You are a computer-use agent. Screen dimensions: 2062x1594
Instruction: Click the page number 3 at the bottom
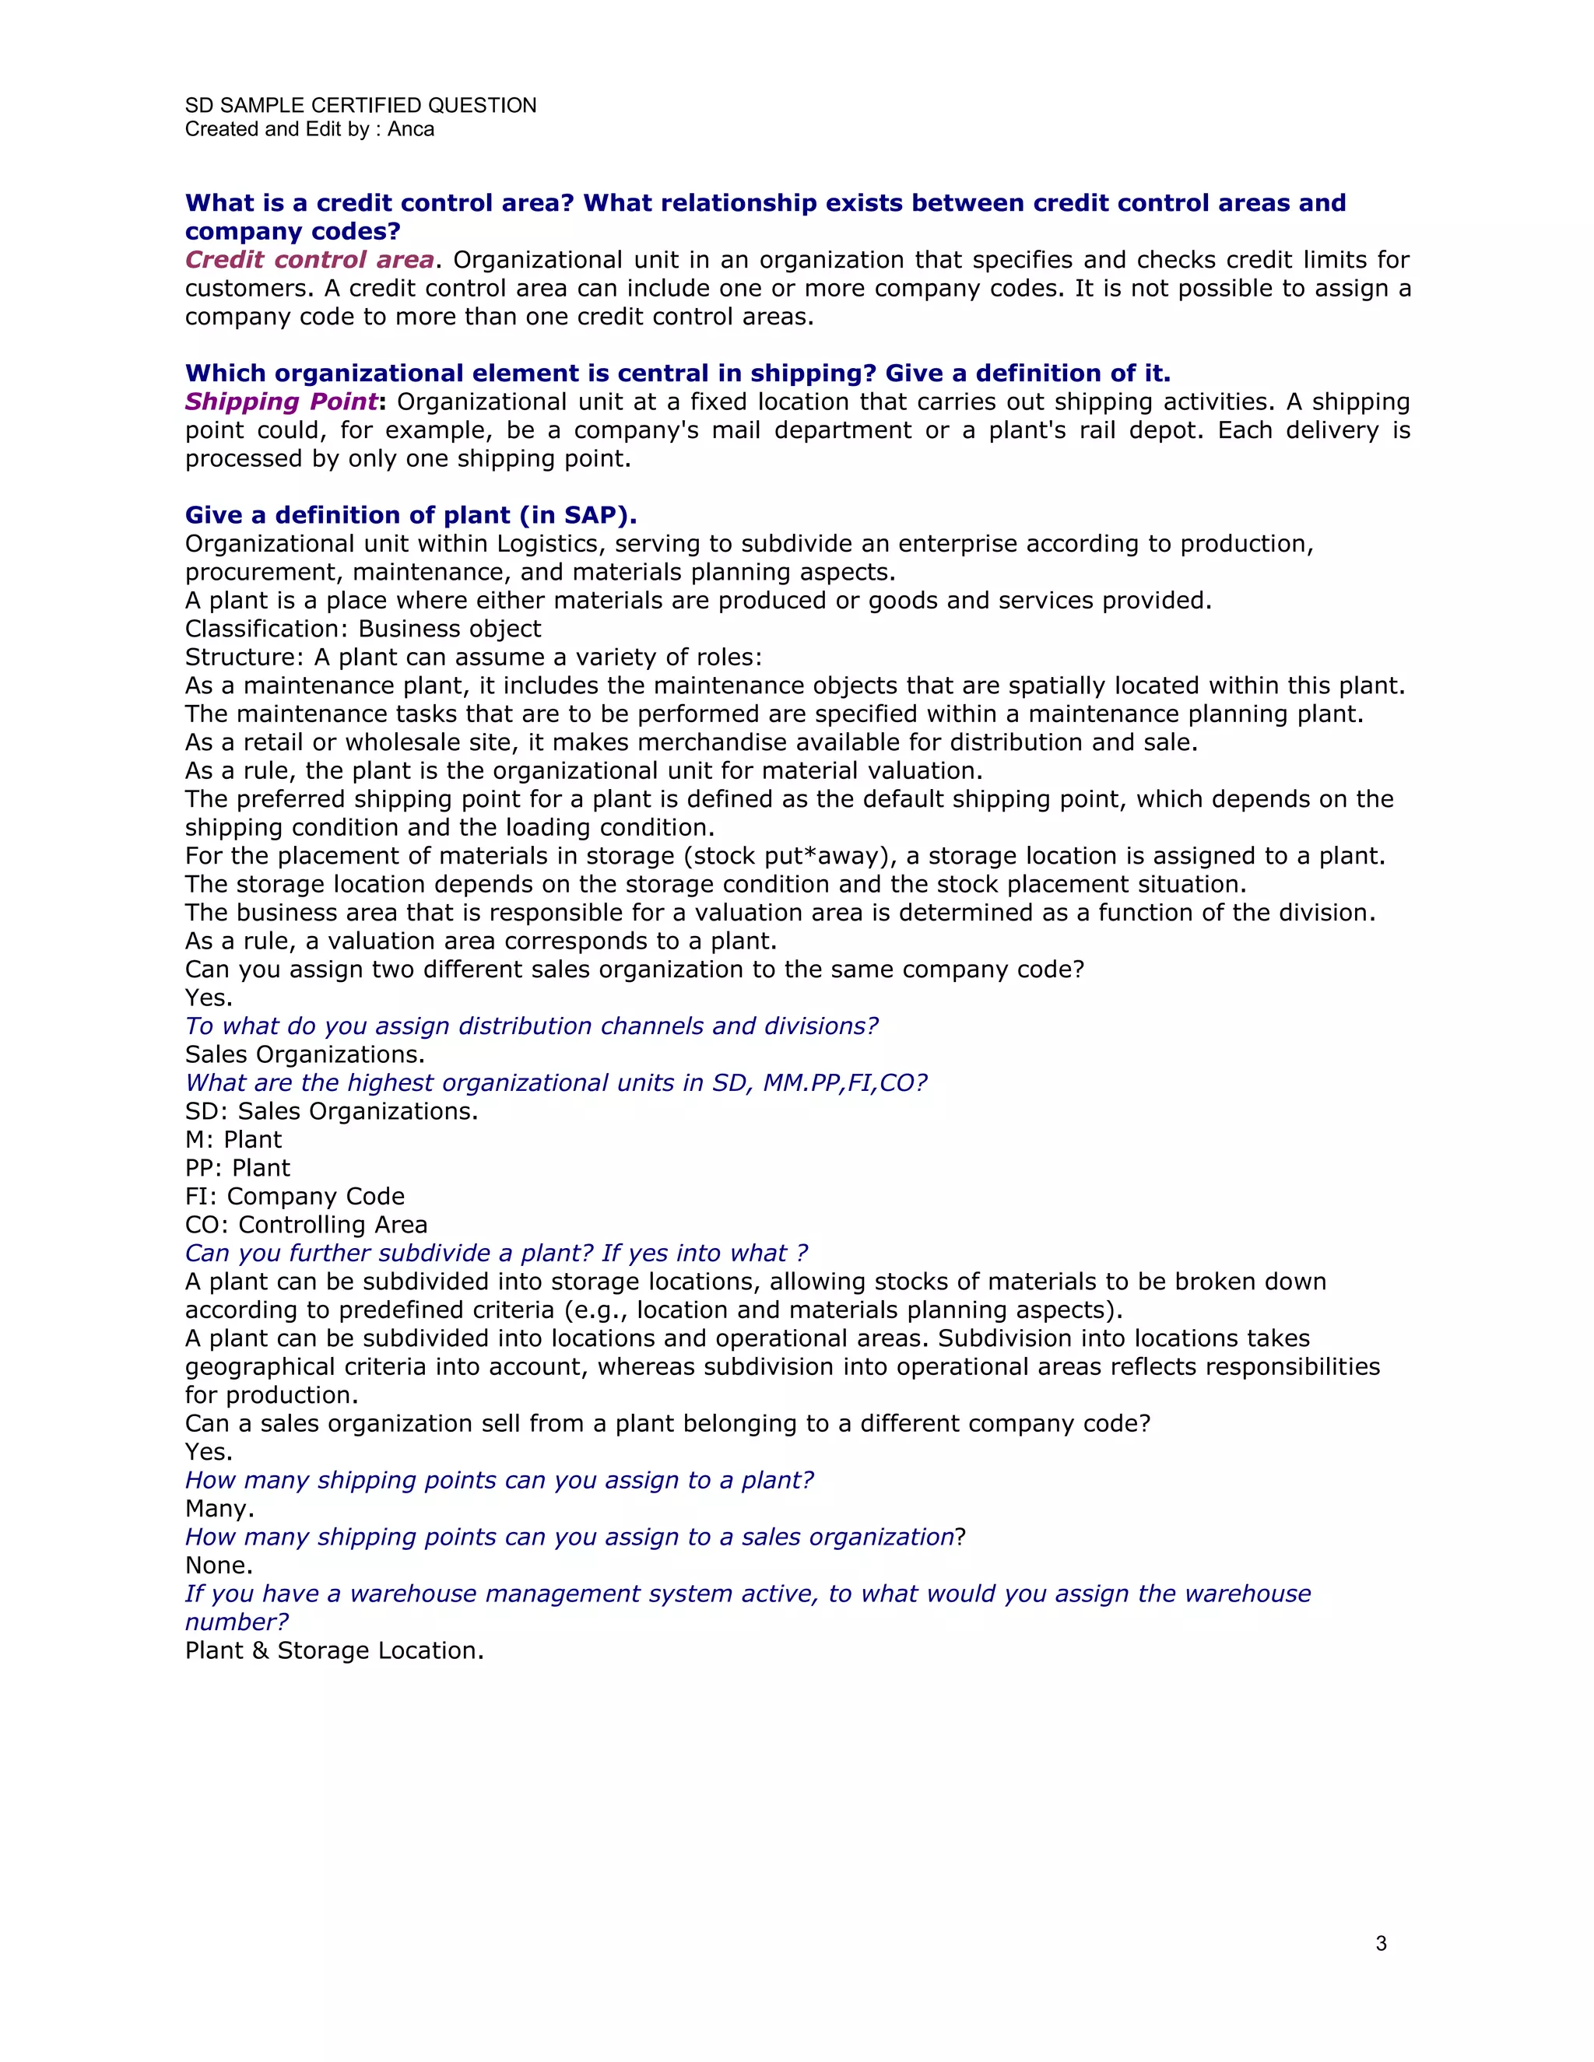click(1381, 1943)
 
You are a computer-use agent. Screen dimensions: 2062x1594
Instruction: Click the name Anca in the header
click(411, 129)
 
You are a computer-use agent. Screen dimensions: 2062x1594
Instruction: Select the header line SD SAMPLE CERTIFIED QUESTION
click(360, 105)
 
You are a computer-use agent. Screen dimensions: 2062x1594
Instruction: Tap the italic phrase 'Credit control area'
click(309, 260)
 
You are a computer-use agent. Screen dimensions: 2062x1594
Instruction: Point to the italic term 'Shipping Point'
click(280, 402)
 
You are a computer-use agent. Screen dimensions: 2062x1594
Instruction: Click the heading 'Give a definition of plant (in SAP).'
click(411, 514)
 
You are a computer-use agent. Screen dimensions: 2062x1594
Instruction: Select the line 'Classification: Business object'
click(363, 629)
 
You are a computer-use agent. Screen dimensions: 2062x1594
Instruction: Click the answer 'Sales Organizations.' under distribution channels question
click(304, 1054)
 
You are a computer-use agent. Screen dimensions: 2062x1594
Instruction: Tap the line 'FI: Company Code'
click(295, 1196)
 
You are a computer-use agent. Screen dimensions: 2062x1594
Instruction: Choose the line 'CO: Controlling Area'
click(306, 1225)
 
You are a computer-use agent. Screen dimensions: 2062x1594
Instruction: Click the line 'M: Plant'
click(233, 1140)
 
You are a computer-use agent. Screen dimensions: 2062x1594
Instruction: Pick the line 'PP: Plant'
click(237, 1168)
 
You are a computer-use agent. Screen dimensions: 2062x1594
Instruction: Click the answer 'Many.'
click(219, 1508)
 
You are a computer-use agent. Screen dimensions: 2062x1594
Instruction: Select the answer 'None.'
click(218, 1565)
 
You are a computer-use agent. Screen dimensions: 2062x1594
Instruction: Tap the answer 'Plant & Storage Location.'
click(334, 1650)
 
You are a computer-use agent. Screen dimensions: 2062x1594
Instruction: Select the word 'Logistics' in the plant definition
click(548, 544)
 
